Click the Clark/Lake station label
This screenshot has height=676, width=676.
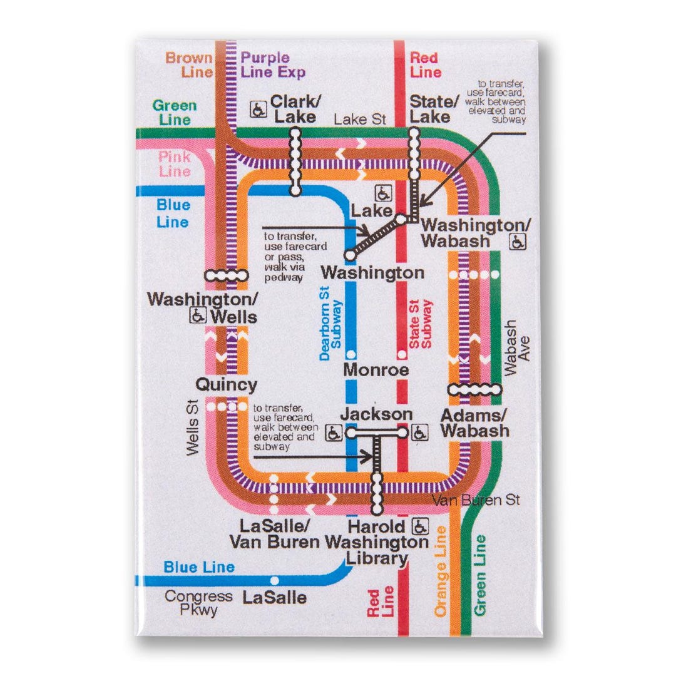click(x=293, y=109)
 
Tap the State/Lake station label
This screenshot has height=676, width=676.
click(x=434, y=109)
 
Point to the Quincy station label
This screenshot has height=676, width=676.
click(x=226, y=384)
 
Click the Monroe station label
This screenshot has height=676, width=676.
click(x=376, y=369)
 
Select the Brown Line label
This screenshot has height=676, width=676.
click(x=189, y=64)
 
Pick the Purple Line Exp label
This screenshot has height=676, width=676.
click(x=273, y=64)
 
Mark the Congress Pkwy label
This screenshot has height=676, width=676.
click(x=198, y=603)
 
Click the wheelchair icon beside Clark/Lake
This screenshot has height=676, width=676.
click(x=257, y=109)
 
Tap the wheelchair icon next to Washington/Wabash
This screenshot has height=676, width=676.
click(x=518, y=242)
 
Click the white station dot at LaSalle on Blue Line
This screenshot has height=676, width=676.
click(x=274, y=580)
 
